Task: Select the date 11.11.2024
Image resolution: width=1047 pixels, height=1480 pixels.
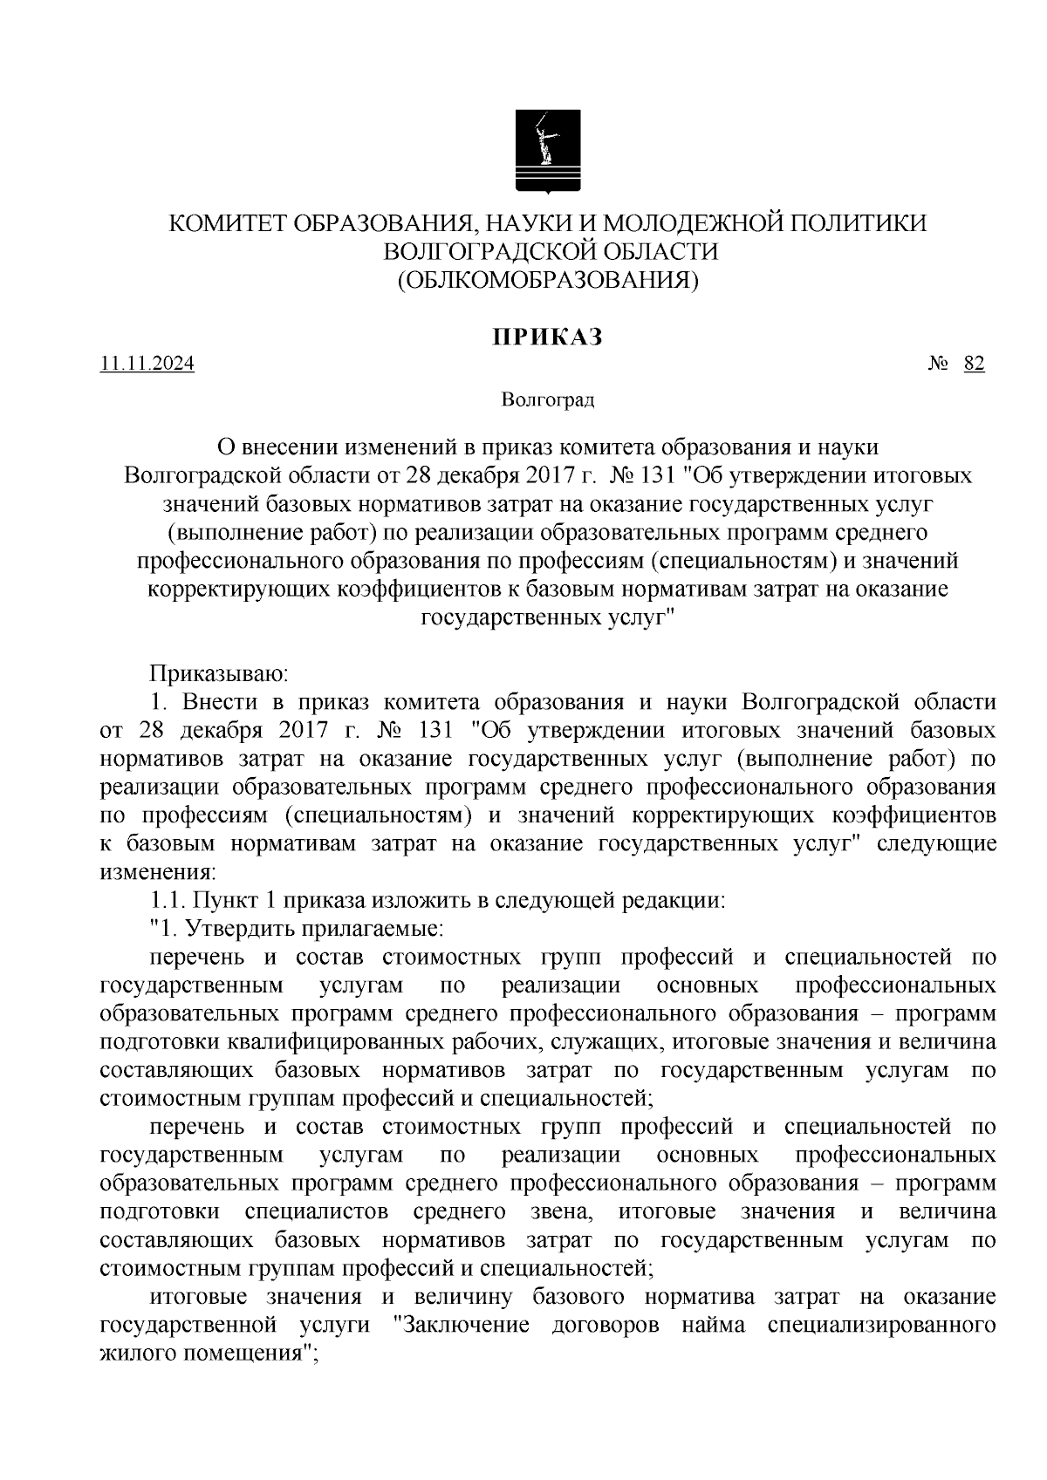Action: (147, 365)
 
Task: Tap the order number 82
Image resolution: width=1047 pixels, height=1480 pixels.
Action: (975, 365)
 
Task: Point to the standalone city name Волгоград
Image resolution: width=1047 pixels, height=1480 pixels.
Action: (547, 400)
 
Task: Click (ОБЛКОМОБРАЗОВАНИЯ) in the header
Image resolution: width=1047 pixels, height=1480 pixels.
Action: (548, 280)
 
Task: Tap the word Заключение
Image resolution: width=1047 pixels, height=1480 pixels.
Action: (462, 1325)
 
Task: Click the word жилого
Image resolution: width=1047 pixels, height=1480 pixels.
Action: (136, 1354)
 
